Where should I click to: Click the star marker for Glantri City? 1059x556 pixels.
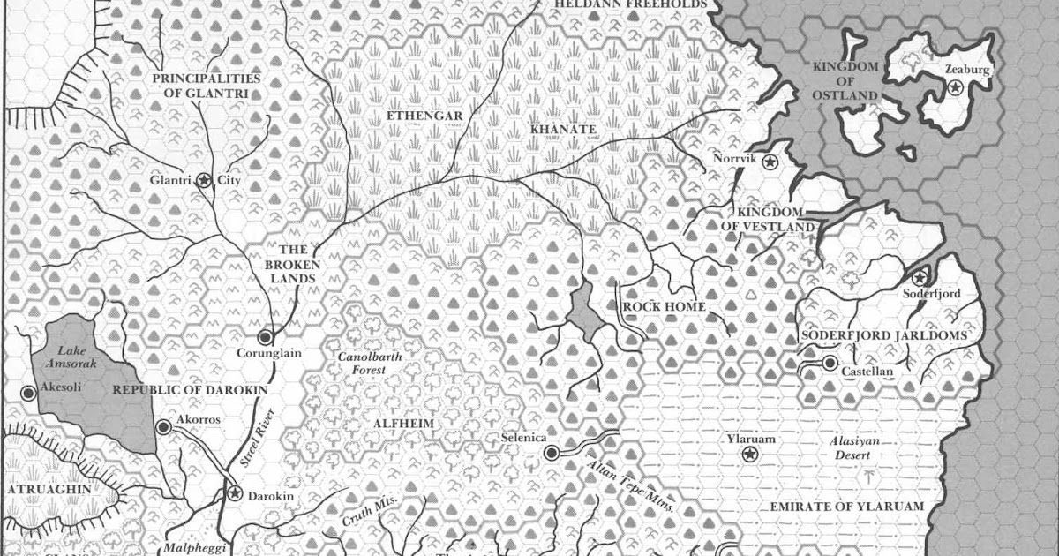click(x=204, y=180)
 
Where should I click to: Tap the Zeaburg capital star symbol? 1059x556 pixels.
click(x=954, y=87)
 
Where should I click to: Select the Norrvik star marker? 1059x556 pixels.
click(x=770, y=162)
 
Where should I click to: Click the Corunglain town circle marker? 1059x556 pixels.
click(x=265, y=336)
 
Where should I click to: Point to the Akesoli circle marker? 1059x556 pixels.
click(x=28, y=393)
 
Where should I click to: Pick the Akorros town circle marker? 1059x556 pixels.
click(x=163, y=427)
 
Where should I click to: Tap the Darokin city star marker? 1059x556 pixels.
click(x=235, y=492)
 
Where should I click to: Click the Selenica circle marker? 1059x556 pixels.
click(x=552, y=454)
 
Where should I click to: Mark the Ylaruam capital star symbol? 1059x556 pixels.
click(x=749, y=454)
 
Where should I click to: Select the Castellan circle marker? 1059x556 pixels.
click(x=830, y=363)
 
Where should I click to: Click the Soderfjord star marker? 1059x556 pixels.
click(x=920, y=278)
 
